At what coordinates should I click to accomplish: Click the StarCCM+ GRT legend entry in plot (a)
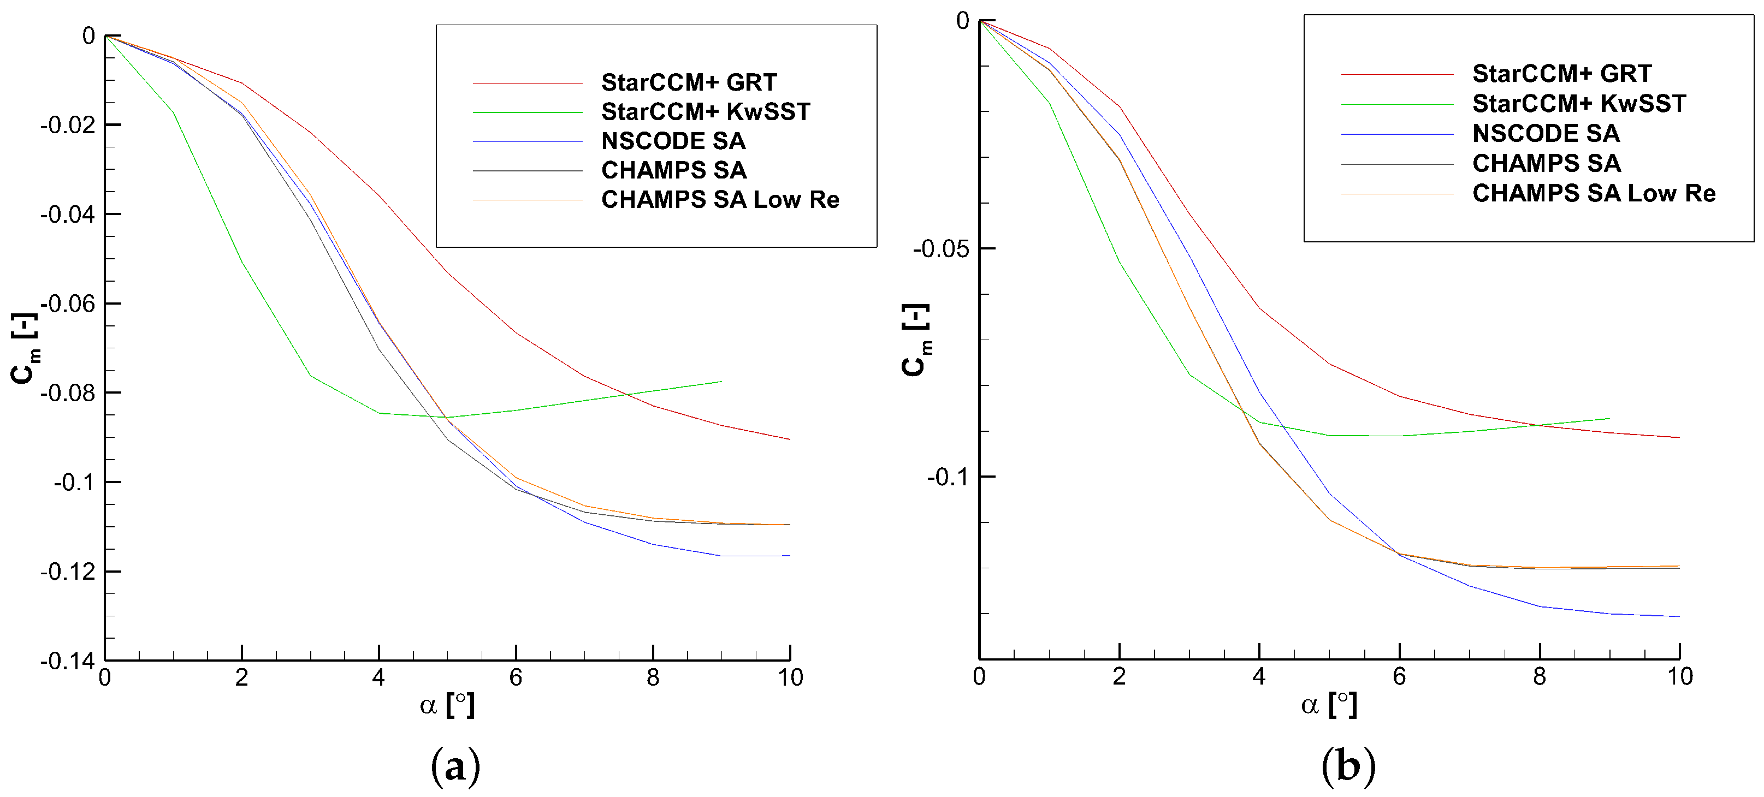(x=688, y=82)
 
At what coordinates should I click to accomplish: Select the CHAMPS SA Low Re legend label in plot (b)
(x=1594, y=193)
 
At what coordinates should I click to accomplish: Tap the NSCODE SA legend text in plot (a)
(x=673, y=141)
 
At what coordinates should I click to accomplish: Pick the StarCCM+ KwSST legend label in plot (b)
(x=1578, y=103)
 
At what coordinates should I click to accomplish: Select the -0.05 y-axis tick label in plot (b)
(x=940, y=249)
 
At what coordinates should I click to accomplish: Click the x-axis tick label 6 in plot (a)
(x=516, y=678)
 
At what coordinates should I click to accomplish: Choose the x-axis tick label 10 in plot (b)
(x=1680, y=676)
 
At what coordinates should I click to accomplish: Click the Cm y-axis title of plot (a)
(x=25, y=349)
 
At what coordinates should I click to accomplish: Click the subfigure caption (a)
(x=455, y=765)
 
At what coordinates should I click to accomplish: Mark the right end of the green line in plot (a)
(x=721, y=382)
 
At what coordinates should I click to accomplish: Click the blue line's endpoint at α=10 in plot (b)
(x=1679, y=616)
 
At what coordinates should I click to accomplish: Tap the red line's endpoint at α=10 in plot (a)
(x=790, y=439)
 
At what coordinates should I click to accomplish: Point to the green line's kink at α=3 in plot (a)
(x=310, y=375)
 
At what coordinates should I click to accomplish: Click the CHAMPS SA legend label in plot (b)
(x=1546, y=164)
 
